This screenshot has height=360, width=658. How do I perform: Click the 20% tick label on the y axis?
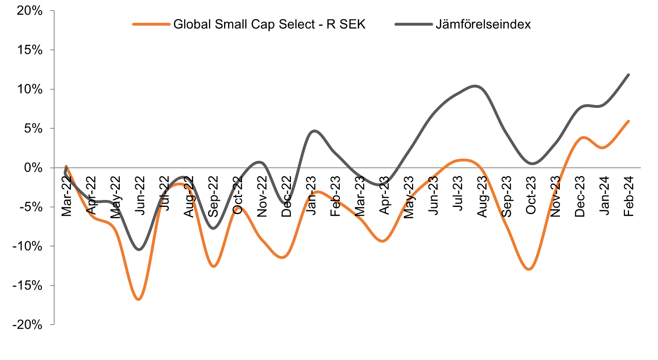click(x=29, y=11)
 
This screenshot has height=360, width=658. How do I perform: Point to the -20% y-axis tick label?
click(x=27, y=325)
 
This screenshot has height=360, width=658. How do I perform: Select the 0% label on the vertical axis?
click(x=33, y=168)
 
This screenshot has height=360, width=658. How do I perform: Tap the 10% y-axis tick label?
click(x=29, y=90)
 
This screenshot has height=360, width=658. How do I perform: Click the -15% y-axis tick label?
click(x=27, y=286)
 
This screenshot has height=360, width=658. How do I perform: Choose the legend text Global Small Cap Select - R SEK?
click(x=269, y=24)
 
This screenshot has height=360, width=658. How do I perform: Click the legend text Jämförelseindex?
click(x=483, y=24)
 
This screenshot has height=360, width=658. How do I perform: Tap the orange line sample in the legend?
click(x=151, y=24)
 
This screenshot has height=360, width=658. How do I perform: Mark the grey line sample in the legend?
click(x=413, y=24)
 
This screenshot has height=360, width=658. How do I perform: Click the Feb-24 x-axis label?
click(x=629, y=196)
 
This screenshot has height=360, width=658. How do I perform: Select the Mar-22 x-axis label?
click(x=66, y=196)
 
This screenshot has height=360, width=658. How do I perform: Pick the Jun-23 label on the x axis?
click(x=434, y=196)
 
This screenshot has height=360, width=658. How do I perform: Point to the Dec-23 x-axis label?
click(x=580, y=196)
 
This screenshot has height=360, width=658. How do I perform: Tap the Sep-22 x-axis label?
click(x=213, y=196)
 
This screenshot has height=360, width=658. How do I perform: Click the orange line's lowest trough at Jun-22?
click(x=139, y=299)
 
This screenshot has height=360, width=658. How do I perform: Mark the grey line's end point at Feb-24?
click(x=629, y=75)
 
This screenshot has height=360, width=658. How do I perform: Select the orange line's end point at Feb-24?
click(x=629, y=121)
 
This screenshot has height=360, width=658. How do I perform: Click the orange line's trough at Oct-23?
click(x=529, y=269)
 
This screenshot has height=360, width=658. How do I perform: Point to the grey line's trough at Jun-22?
click(x=139, y=250)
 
